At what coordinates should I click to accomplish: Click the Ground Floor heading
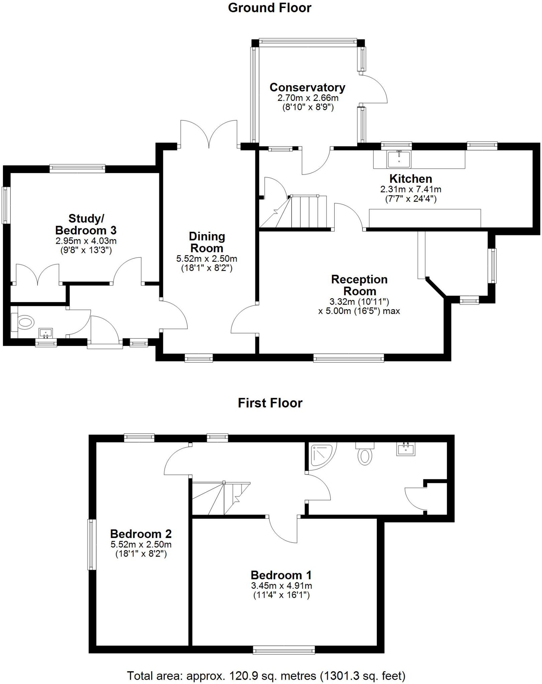[269, 8]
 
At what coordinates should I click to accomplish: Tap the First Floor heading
[270, 403]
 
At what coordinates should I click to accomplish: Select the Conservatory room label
[307, 88]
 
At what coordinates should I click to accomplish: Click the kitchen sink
[399, 159]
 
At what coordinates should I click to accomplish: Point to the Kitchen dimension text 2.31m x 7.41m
[411, 189]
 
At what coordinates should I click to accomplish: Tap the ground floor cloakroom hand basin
[46, 333]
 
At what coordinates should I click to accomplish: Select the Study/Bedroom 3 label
[86, 224]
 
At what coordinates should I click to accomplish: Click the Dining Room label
[207, 242]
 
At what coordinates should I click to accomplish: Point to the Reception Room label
[359, 285]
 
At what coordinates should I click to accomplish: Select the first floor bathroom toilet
[364, 454]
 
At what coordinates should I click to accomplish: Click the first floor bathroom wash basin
[406, 449]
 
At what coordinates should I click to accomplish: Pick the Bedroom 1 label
[281, 575]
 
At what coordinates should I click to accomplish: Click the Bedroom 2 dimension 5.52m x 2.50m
[141, 544]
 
